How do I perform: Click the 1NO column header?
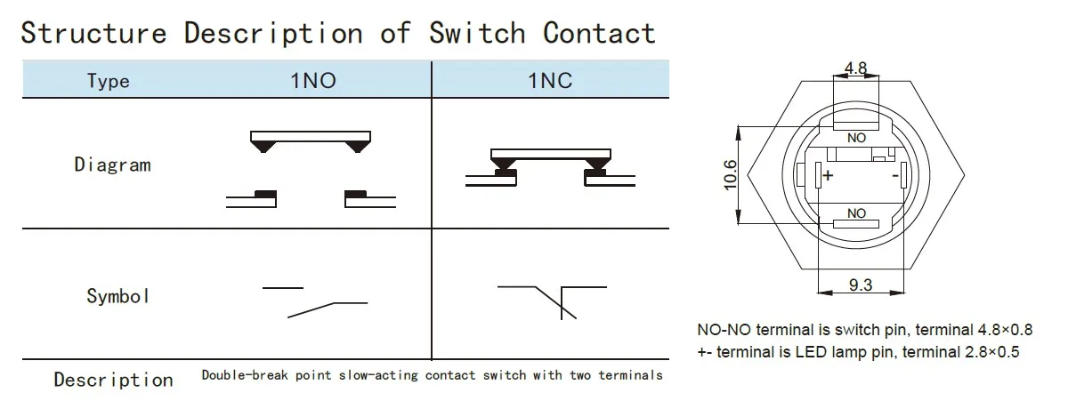click(x=313, y=81)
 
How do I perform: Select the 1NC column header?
click(x=550, y=81)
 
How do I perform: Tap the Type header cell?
click(x=109, y=81)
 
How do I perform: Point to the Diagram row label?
click(x=112, y=164)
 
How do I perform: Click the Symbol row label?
click(x=117, y=296)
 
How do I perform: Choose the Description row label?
click(x=113, y=380)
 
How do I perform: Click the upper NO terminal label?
click(x=856, y=138)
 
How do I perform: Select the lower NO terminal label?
click(x=856, y=213)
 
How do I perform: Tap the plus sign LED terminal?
click(x=828, y=176)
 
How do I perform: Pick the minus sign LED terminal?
click(x=894, y=176)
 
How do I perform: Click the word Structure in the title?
click(x=93, y=33)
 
